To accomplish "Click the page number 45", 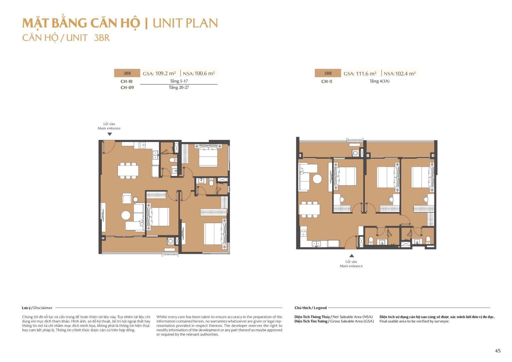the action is [x=498, y=350].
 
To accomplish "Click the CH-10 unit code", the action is [x=126, y=81].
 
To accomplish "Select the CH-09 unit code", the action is [x=127, y=88].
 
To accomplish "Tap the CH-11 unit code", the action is [x=327, y=81].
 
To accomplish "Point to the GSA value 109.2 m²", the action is [x=165, y=73].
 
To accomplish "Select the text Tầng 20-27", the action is [x=179, y=87].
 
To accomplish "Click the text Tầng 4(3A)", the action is [x=380, y=81].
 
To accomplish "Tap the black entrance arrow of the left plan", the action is [x=110, y=134].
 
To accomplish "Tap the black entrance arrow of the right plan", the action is [x=352, y=256].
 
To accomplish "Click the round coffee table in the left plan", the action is [x=126, y=215].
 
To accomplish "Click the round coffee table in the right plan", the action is [x=317, y=179].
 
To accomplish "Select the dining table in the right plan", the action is [x=309, y=209].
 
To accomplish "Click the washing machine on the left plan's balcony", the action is [x=170, y=241].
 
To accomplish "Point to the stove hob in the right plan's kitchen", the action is [x=304, y=233].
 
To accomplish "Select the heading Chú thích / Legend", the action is [x=310, y=308].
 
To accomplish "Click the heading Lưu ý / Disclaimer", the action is [x=37, y=308].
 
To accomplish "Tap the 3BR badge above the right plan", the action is [x=328, y=73].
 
